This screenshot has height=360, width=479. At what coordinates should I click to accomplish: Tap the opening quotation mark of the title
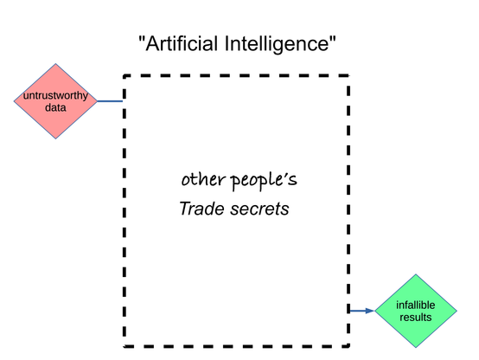point(141,39)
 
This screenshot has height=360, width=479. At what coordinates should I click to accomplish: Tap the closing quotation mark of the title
point(333,39)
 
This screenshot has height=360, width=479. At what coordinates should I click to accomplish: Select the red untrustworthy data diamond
point(55,101)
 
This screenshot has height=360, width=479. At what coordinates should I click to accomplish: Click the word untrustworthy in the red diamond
point(55,95)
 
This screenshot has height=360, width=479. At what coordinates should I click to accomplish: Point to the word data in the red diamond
point(55,107)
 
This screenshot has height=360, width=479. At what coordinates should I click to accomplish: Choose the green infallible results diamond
point(416,311)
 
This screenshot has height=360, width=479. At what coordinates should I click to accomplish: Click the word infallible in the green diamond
point(416,305)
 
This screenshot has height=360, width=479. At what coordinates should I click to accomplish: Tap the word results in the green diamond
point(416,318)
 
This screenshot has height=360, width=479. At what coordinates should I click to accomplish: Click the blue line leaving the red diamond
point(110,101)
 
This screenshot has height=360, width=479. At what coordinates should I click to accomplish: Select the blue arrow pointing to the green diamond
point(362,311)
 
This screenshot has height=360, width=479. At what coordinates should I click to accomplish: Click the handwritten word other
point(203,179)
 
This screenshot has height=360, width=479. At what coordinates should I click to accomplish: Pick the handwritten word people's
point(264,181)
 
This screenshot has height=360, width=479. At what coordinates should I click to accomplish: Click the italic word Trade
point(202,209)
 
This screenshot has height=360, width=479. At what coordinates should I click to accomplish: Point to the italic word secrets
point(259,209)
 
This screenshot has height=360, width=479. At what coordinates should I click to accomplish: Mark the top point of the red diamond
point(55,64)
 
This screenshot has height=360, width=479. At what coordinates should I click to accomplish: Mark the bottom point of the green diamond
point(416,348)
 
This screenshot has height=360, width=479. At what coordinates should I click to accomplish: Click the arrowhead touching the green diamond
point(370,311)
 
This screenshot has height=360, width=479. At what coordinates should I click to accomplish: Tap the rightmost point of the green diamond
point(457,311)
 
